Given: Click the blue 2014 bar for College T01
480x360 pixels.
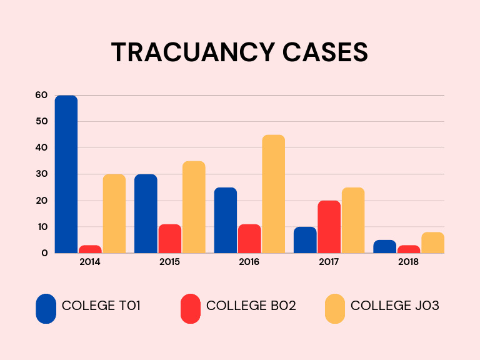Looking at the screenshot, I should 66,174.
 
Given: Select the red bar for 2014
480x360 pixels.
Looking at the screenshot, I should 90,249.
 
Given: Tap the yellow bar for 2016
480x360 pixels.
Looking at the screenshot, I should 273,194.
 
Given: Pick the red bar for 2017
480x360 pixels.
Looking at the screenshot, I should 329,227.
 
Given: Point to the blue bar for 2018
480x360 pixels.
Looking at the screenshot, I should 384,246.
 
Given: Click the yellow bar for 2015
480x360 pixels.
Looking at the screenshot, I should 194,207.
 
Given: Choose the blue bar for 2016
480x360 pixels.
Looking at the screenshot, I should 226,220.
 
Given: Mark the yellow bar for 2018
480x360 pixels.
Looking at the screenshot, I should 432,242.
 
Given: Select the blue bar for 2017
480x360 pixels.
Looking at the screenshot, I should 305,240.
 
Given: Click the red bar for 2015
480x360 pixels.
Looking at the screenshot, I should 169,239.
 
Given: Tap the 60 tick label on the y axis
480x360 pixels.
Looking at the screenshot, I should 41,95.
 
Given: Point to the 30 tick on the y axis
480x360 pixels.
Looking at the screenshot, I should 41,174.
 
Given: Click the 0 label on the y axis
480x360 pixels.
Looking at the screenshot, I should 44,253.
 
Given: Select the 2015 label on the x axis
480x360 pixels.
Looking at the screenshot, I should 169,262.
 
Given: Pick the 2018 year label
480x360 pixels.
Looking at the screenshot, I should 409,262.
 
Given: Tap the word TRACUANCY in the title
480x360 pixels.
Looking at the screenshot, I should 192,52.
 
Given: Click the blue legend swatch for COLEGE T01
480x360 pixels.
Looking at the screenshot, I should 46,309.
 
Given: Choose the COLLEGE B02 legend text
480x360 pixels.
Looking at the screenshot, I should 251,306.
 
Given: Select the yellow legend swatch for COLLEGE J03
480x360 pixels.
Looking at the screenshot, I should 335,309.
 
